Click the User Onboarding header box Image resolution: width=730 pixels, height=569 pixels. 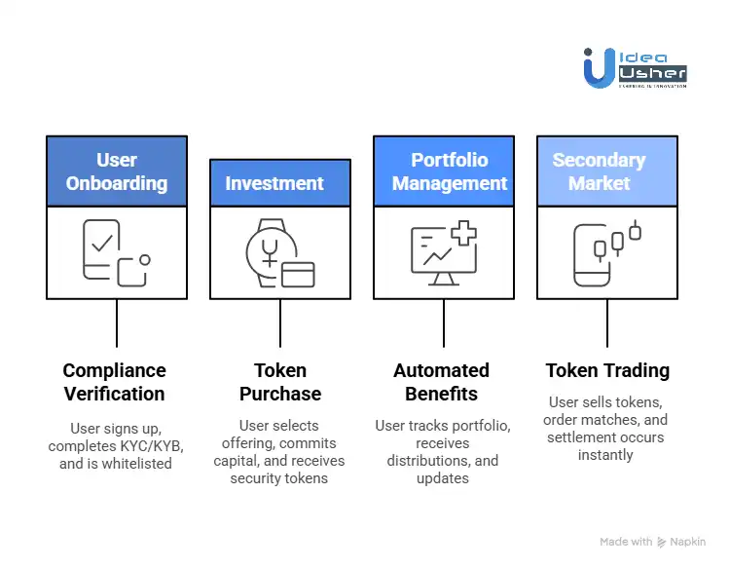(117, 171)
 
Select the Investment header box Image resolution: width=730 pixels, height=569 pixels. (280, 183)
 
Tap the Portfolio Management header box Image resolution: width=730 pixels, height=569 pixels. (444, 171)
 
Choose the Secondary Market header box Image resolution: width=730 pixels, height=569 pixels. (606, 171)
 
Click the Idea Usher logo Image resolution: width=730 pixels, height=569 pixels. (635, 68)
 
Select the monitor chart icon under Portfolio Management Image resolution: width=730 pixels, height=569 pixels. (444, 252)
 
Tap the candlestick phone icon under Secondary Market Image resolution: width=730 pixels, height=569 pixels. (606, 253)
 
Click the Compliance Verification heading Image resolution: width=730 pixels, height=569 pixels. (115, 382)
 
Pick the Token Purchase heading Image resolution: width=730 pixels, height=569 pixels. (280, 382)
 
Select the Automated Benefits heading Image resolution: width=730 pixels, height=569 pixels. (442, 382)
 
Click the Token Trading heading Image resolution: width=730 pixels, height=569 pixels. (607, 370)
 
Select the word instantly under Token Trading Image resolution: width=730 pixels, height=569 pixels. (605, 455)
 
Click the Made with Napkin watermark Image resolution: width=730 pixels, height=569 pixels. (652, 542)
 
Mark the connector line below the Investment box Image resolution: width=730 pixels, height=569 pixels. (280, 322)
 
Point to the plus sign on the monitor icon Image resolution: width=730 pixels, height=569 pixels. (464, 235)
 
